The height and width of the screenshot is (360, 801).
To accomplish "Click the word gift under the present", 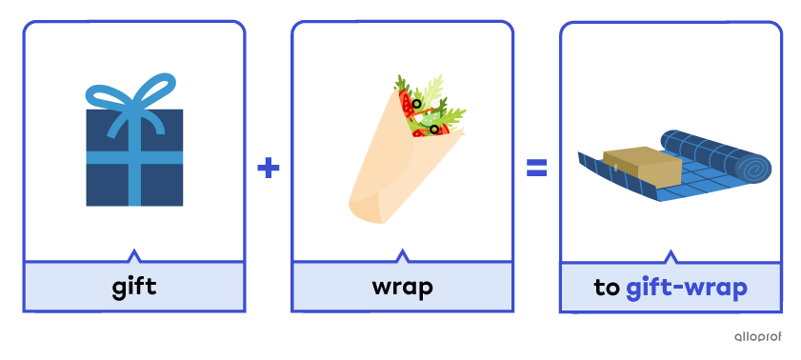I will coord(133,286).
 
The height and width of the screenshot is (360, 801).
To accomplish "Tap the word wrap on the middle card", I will coord(402,286).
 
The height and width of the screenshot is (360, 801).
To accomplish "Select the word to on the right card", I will coord(607,287).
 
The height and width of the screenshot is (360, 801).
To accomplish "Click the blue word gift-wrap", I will coord(687,287).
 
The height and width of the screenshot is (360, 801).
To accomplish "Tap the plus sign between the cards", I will coord(269,169).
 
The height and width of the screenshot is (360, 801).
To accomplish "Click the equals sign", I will coord(537,169).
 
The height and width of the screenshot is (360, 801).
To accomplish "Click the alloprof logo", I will coord(758,335).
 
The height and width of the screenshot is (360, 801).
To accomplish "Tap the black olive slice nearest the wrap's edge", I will coord(434,129).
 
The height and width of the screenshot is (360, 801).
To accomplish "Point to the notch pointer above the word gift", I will coord(133,255).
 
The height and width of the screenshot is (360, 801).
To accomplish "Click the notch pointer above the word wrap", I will coord(402,255).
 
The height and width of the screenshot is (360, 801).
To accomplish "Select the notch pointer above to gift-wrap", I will coord(671,255).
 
